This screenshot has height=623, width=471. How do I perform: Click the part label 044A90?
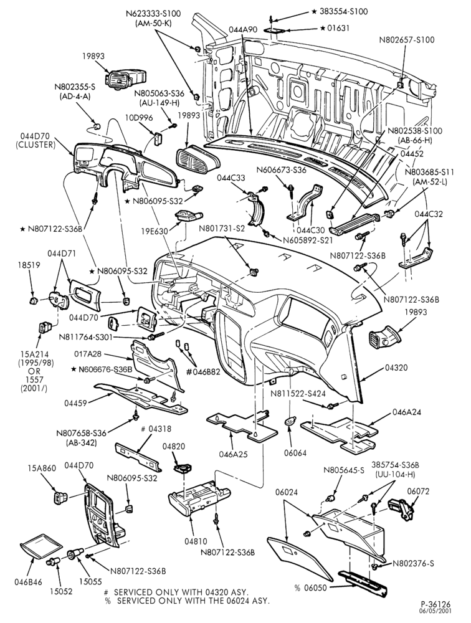click(243, 29)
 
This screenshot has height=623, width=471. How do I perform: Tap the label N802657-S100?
click(407, 40)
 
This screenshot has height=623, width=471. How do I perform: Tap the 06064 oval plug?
click(291, 421)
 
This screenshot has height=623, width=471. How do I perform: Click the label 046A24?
click(407, 412)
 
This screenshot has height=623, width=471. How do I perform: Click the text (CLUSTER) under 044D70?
click(35, 145)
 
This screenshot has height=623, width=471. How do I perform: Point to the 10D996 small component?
click(158, 139)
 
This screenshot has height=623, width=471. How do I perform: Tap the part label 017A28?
click(88, 353)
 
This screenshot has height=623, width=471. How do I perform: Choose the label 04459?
click(75, 403)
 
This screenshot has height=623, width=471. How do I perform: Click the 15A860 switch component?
click(60, 497)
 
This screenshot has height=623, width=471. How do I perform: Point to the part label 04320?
click(396, 368)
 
